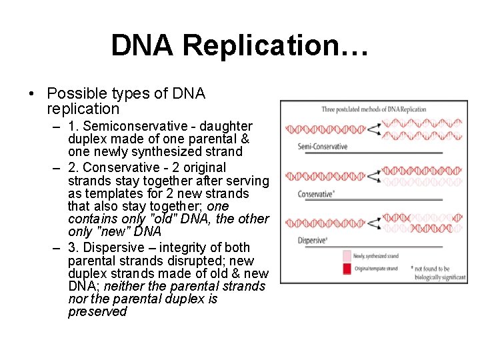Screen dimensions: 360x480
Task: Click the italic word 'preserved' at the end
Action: point(97,312)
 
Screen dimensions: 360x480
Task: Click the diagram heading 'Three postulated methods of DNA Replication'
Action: point(373,109)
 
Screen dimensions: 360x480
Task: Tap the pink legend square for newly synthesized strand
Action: point(346,256)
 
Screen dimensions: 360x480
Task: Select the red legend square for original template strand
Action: point(346,269)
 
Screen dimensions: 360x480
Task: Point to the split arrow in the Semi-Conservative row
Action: point(375,129)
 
